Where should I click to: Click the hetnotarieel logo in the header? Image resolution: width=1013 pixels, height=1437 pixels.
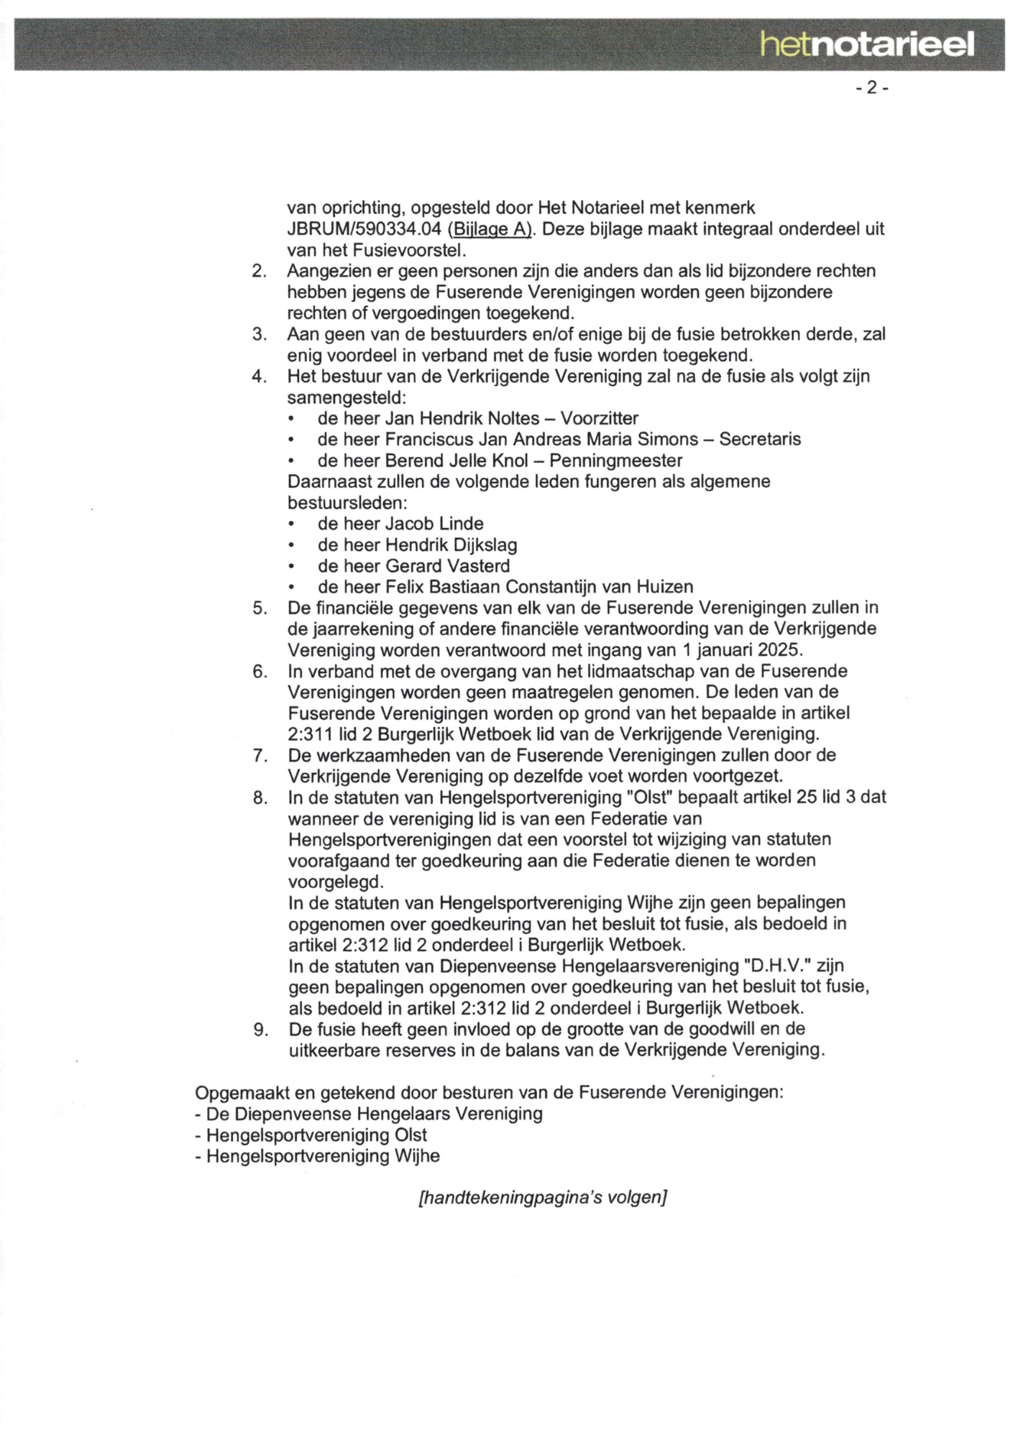(x=868, y=45)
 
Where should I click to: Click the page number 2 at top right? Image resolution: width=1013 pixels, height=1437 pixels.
(x=872, y=88)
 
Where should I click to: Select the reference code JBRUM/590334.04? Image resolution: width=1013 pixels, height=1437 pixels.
(x=364, y=230)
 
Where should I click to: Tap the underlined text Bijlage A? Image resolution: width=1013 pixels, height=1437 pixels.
(x=489, y=230)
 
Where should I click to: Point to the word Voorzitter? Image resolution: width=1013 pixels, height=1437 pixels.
(x=599, y=418)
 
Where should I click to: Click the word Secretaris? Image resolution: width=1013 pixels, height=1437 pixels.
(x=759, y=439)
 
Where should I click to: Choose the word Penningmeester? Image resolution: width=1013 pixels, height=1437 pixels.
(x=615, y=461)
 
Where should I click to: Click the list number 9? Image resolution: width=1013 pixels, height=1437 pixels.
(x=260, y=1030)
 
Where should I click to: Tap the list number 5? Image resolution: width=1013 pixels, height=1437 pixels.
(x=260, y=609)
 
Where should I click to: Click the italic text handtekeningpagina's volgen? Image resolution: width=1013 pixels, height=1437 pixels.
(x=543, y=1198)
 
